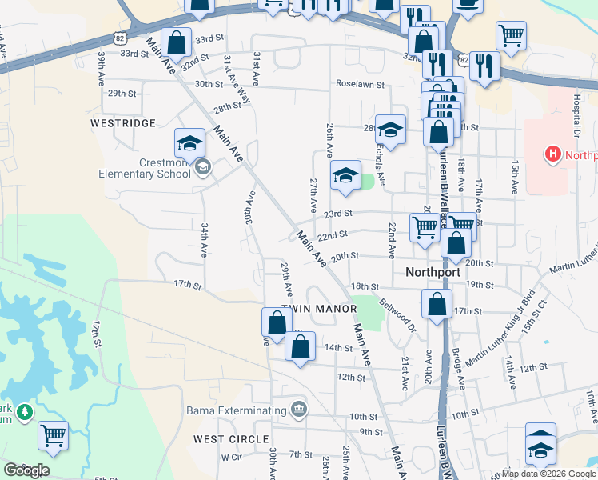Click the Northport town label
click(433, 272)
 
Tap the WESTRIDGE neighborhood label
click(122, 123)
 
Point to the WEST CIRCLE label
click(231, 439)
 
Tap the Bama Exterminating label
click(237, 410)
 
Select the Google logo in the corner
click(26, 470)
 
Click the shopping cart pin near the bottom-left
click(54, 435)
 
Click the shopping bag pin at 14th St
click(300, 347)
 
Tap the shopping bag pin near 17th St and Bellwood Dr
click(437, 305)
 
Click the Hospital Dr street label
click(576, 113)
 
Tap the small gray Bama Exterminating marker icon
click(299, 410)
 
